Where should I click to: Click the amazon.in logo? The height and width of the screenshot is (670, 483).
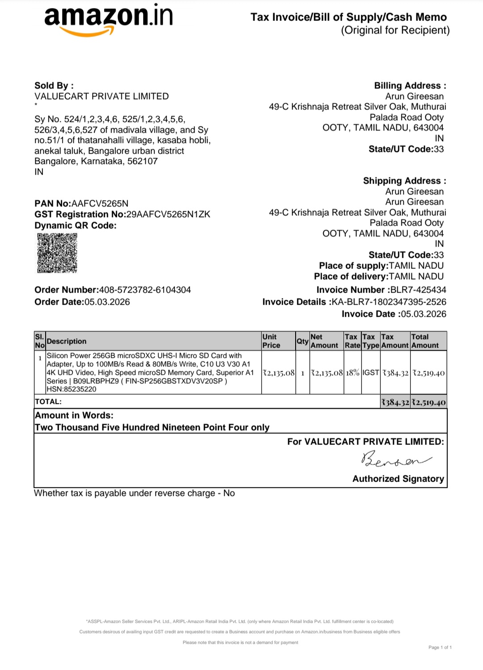[x=108, y=18]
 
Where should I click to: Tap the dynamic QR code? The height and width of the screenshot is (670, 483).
[x=57, y=253]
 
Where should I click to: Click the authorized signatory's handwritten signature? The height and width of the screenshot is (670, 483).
[x=396, y=459]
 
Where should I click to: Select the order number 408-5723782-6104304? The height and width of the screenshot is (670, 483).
[x=145, y=290]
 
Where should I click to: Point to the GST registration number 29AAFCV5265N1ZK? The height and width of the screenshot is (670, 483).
[x=168, y=214]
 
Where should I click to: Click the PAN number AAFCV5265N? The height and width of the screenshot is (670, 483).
[x=100, y=204]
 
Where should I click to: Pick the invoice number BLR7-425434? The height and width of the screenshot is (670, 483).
[x=418, y=290]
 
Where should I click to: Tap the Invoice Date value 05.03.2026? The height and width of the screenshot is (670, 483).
[x=423, y=314]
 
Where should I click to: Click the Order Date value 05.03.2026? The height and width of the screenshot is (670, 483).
[x=107, y=302]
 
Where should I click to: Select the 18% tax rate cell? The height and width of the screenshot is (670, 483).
[x=352, y=373]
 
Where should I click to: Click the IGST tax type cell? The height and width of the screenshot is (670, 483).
[x=371, y=373]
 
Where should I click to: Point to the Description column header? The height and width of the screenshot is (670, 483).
[x=67, y=341]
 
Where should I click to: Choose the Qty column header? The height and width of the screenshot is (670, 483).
[x=302, y=341]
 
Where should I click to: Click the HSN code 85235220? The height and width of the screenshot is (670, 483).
[x=80, y=389]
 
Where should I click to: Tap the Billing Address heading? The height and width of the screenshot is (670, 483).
[x=410, y=86]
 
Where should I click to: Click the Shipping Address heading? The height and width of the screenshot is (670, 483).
[x=404, y=181]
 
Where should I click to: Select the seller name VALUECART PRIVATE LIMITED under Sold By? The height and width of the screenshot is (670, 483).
[x=102, y=96]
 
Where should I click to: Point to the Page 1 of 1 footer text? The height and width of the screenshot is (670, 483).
[x=440, y=647]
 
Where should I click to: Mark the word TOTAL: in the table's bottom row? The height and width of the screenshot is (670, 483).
[x=48, y=402]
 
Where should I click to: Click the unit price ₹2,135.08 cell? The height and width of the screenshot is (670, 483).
[x=279, y=373]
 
